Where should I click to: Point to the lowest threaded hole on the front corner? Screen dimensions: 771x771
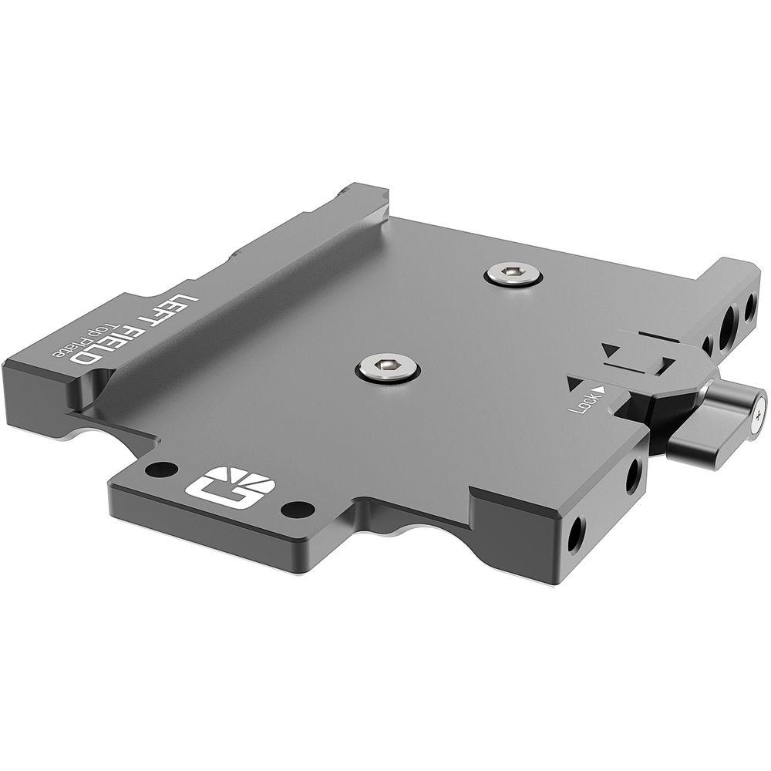pos(576,534)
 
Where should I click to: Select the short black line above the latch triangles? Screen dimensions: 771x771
pos(658,337)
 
